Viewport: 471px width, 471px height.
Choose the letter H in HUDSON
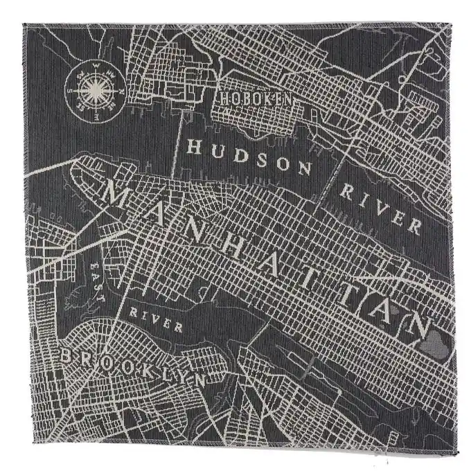(195, 147)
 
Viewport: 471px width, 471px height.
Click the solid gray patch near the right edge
(436, 339)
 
